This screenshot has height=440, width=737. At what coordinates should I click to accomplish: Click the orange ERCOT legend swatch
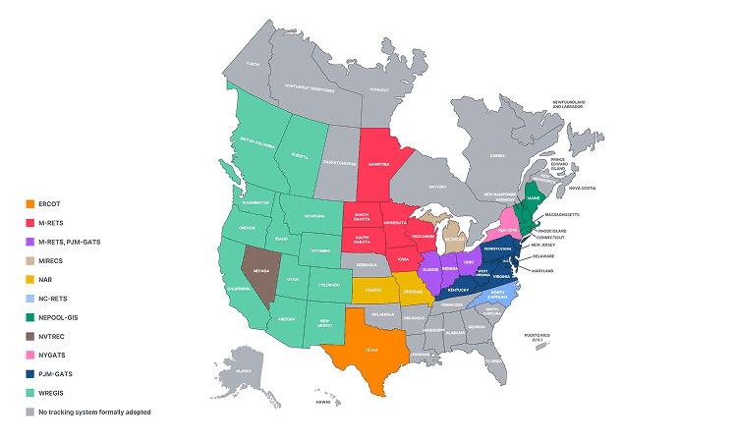tap(30, 204)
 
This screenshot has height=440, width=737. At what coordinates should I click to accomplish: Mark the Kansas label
tap(375, 291)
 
